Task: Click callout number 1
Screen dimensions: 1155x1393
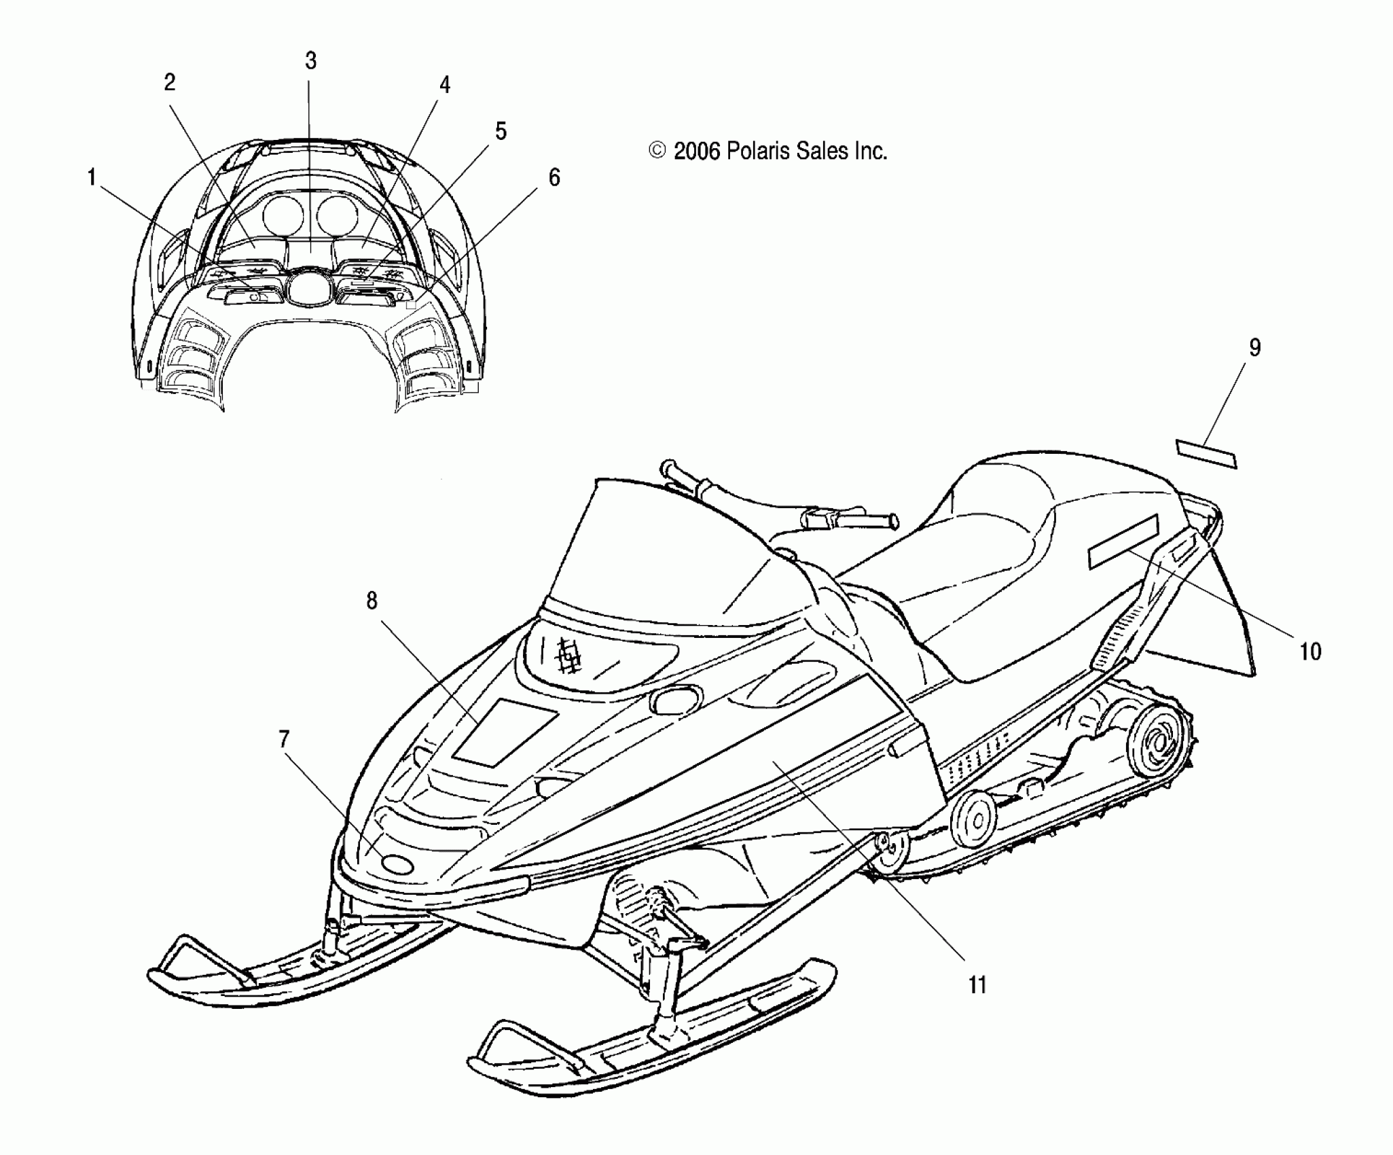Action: click(x=90, y=178)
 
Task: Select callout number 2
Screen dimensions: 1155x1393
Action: click(x=170, y=82)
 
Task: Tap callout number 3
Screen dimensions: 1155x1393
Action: click(x=310, y=61)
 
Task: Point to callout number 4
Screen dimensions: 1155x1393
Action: click(x=444, y=85)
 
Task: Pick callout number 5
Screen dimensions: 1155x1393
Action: click(x=501, y=130)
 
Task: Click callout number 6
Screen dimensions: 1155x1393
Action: click(x=554, y=177)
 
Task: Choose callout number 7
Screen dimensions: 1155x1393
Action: click(x=284, y=739)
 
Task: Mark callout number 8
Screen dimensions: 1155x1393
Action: click(x=372, y=601)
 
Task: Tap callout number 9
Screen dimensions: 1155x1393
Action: click(x=1254, y=348)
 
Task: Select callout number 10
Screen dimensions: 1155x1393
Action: click(x=1310, y=652)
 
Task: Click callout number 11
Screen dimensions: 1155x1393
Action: click(x=977, y=984)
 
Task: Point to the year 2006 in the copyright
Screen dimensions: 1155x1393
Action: click(x=696, y=151)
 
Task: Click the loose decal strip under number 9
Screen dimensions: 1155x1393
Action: click(x=1206, y=454)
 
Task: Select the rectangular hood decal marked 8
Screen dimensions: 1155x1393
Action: click(x=505, y=731)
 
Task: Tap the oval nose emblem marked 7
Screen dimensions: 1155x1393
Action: click(x=397, y=864)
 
